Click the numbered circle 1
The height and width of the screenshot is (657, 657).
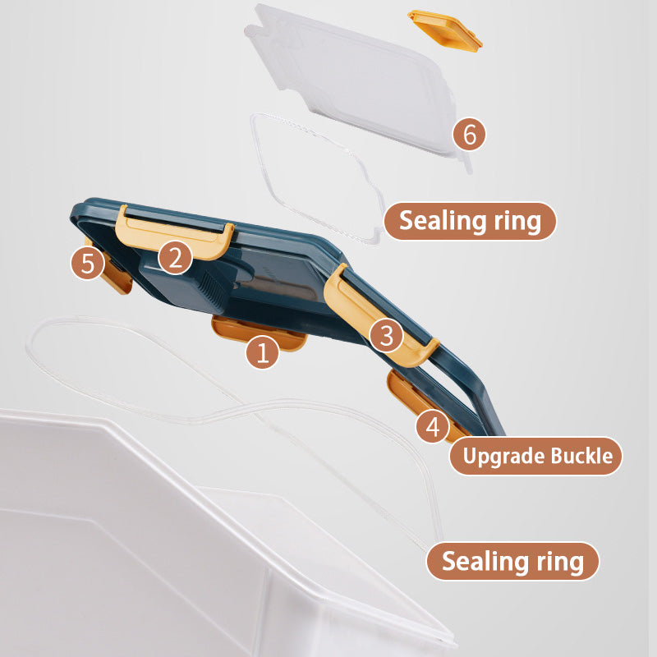(x=262, y=352)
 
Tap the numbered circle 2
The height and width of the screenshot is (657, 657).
(x=176, y=257)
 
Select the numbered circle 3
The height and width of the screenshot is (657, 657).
(x=386, y=335)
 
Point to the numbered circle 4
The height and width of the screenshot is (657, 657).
(x=433, y=426)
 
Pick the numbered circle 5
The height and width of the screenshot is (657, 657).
(x=88, y=263)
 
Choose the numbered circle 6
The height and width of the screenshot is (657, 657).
(x=469, y=134)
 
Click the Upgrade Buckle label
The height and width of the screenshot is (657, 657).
(x=536, y=456)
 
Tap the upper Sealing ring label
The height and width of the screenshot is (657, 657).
(x=470, y=221)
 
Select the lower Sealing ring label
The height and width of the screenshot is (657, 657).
(x=512, y=562)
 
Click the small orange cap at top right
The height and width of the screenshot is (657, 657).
(x=445, y=31)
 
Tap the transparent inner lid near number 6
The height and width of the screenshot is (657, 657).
(x=356, y=80)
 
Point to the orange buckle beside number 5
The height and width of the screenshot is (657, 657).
(x=113, y=273)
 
